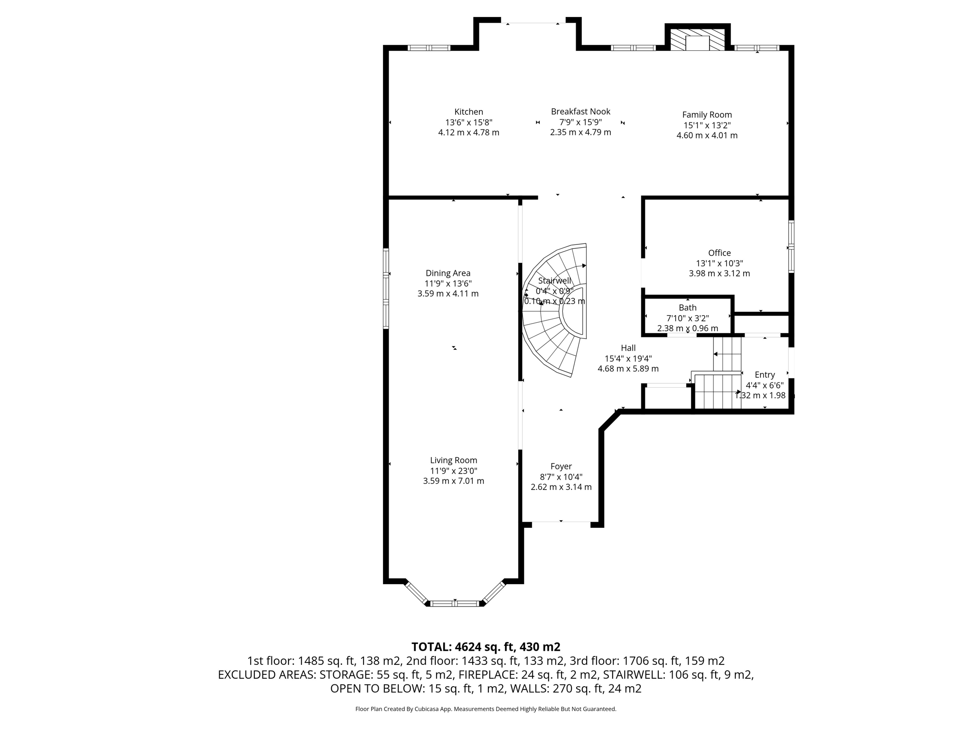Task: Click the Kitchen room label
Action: click(x=468, y=112)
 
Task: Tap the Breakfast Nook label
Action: click(x=580, y=112)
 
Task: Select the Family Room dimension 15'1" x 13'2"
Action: click(x=707, y=125)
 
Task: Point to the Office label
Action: click(x=719, y=253)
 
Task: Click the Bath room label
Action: click(x=687, y=308)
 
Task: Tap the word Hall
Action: click(x=628, y=348)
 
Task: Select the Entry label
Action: click(x=765, y=375)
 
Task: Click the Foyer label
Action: click(x=561, y=467)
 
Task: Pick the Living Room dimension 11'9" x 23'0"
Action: click(x=453, y=471)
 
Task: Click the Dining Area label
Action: click(x=448, y=273)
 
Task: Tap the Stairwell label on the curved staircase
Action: click(x=554, y=281)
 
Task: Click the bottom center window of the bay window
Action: click(x=455, y=604)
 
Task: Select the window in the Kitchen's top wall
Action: click(x=429, y=47)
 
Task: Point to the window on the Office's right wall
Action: click(x=791, y=246)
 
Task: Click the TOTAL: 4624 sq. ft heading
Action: click(x=486, y=647)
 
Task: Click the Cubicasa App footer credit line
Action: click(x=486, y=709)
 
